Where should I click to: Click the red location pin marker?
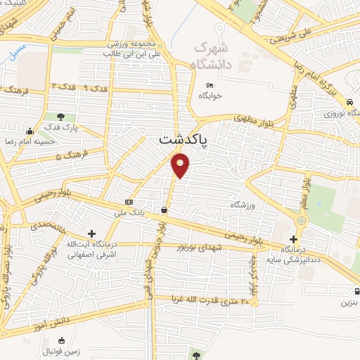[x=181, y=166]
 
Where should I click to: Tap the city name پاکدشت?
[x=181, y=141]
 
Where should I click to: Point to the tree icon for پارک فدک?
[x=61, y=117]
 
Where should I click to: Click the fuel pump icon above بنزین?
[x=358, y=292]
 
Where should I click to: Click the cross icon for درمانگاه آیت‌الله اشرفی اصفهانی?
[x=91, y=233]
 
